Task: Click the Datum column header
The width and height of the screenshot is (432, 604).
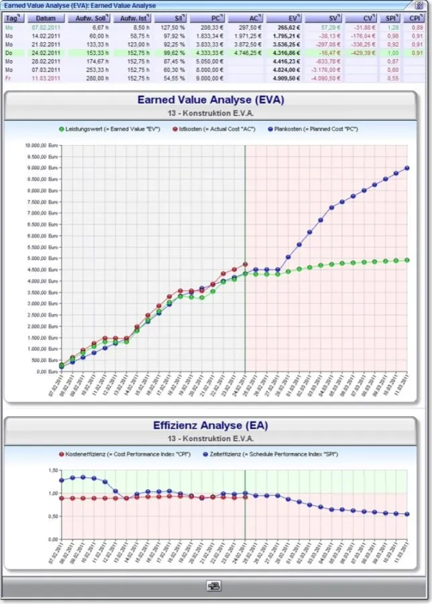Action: pos(46,18)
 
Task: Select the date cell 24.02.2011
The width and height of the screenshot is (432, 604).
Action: pos(46,52)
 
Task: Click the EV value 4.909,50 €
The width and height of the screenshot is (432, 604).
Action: pos(284,78)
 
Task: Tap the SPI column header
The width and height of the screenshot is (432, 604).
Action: pos(392,18)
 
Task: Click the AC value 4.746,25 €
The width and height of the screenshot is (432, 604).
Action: pos(250,52)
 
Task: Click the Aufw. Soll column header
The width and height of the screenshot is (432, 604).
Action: pos(91,18)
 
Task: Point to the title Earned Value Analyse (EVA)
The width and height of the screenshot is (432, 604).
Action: pos(211,100)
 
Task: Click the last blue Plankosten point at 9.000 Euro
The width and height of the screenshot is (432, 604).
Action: pos(407,168)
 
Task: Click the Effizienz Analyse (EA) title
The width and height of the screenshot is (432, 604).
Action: pos(211,425)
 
